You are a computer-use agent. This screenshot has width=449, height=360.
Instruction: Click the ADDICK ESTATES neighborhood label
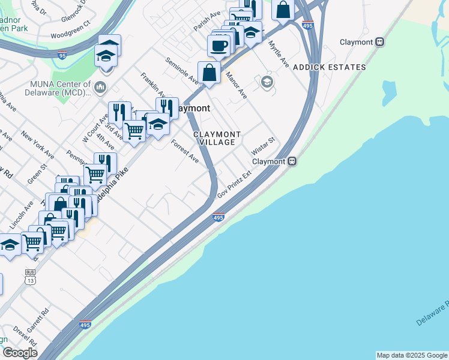[x=330, y=67]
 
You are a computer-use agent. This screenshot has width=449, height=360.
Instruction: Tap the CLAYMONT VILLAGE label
[x=217, y=138]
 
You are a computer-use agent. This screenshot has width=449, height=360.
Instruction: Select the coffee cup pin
[x=219, y=45]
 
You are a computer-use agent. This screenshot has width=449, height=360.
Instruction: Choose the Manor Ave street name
[x=236, y=85]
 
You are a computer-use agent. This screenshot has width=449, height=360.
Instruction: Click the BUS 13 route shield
[x=30, y=277]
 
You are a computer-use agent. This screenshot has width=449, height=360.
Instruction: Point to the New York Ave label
[x=37, y=145]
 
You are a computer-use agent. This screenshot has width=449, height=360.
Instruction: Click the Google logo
[x=19, y=353]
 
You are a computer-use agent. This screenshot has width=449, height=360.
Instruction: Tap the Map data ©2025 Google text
[x=412, y=355]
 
